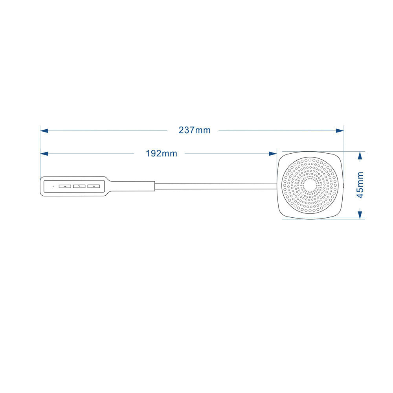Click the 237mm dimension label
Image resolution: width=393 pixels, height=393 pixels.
(195, 130)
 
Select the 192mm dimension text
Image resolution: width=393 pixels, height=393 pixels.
(161, 153)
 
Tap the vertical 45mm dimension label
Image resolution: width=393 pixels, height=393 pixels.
(360, 185)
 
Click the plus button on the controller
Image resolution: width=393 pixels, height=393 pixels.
(94, 186)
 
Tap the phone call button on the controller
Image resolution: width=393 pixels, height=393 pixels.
(79, 186)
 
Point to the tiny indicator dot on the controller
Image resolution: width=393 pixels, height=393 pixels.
(53, 186)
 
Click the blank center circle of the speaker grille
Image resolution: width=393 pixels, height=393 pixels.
(310, 185)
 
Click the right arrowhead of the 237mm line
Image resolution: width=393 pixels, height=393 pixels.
(340, 130)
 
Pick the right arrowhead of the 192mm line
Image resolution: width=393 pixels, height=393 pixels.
(273, 153)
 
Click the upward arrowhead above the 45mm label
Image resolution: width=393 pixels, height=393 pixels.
(360, 156)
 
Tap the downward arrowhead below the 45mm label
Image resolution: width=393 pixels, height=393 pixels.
(360, 214)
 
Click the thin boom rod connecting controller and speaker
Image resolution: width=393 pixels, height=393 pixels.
(216, 186)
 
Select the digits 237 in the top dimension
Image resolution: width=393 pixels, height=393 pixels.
(187, 130)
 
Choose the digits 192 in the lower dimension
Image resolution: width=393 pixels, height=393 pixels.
(154, 153)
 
